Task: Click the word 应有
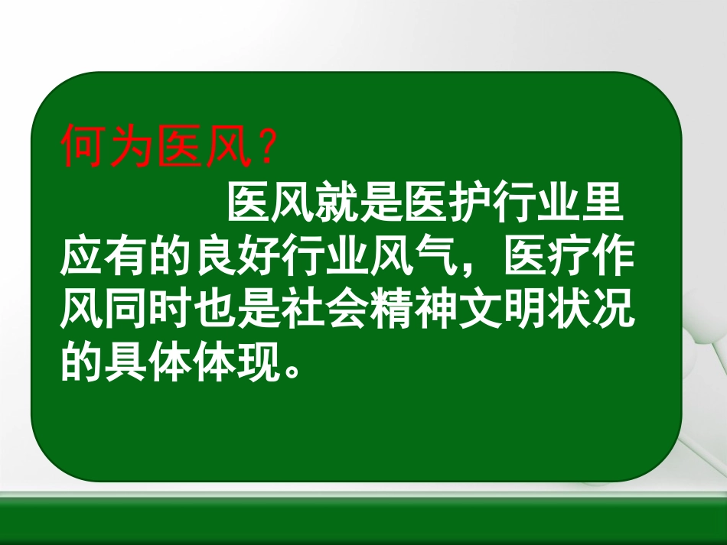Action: click(103, 260)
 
